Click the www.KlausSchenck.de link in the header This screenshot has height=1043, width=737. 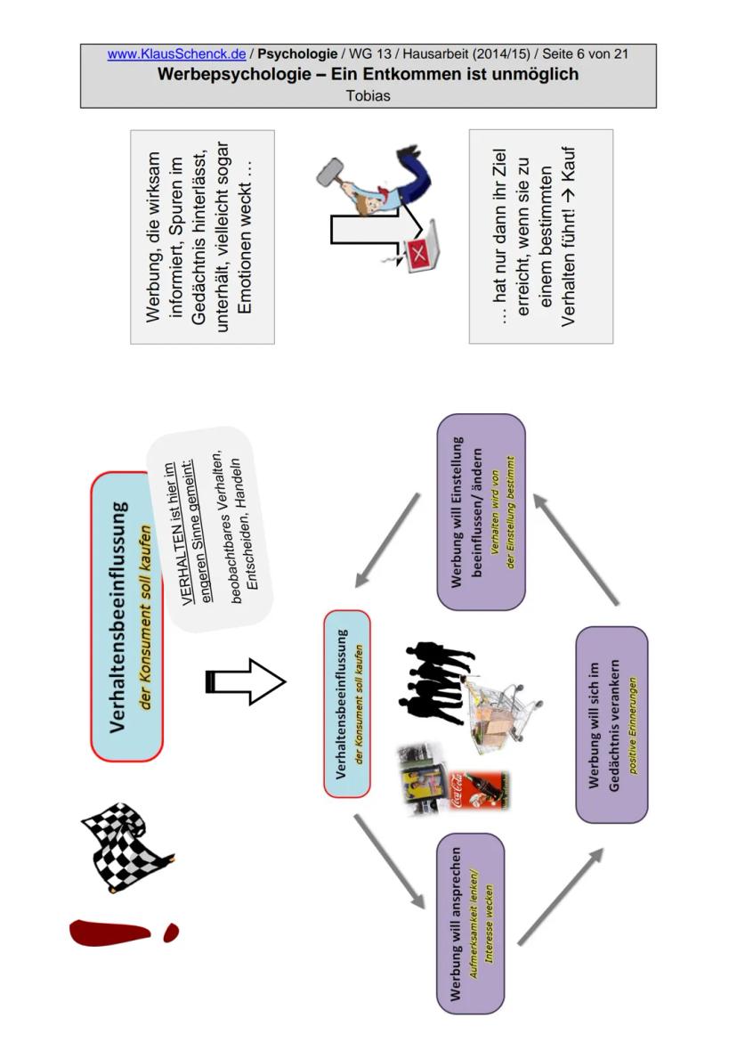176,54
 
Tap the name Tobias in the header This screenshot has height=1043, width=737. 368,95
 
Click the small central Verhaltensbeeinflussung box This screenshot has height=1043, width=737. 347,703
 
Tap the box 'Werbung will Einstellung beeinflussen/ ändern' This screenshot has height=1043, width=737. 482,511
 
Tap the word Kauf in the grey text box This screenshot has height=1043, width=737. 569,165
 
